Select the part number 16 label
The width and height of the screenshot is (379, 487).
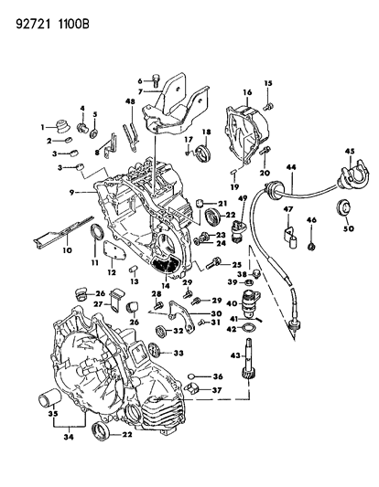click(246, 93)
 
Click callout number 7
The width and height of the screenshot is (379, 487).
click(141, 93)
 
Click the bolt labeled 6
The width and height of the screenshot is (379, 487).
click(157, 79)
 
